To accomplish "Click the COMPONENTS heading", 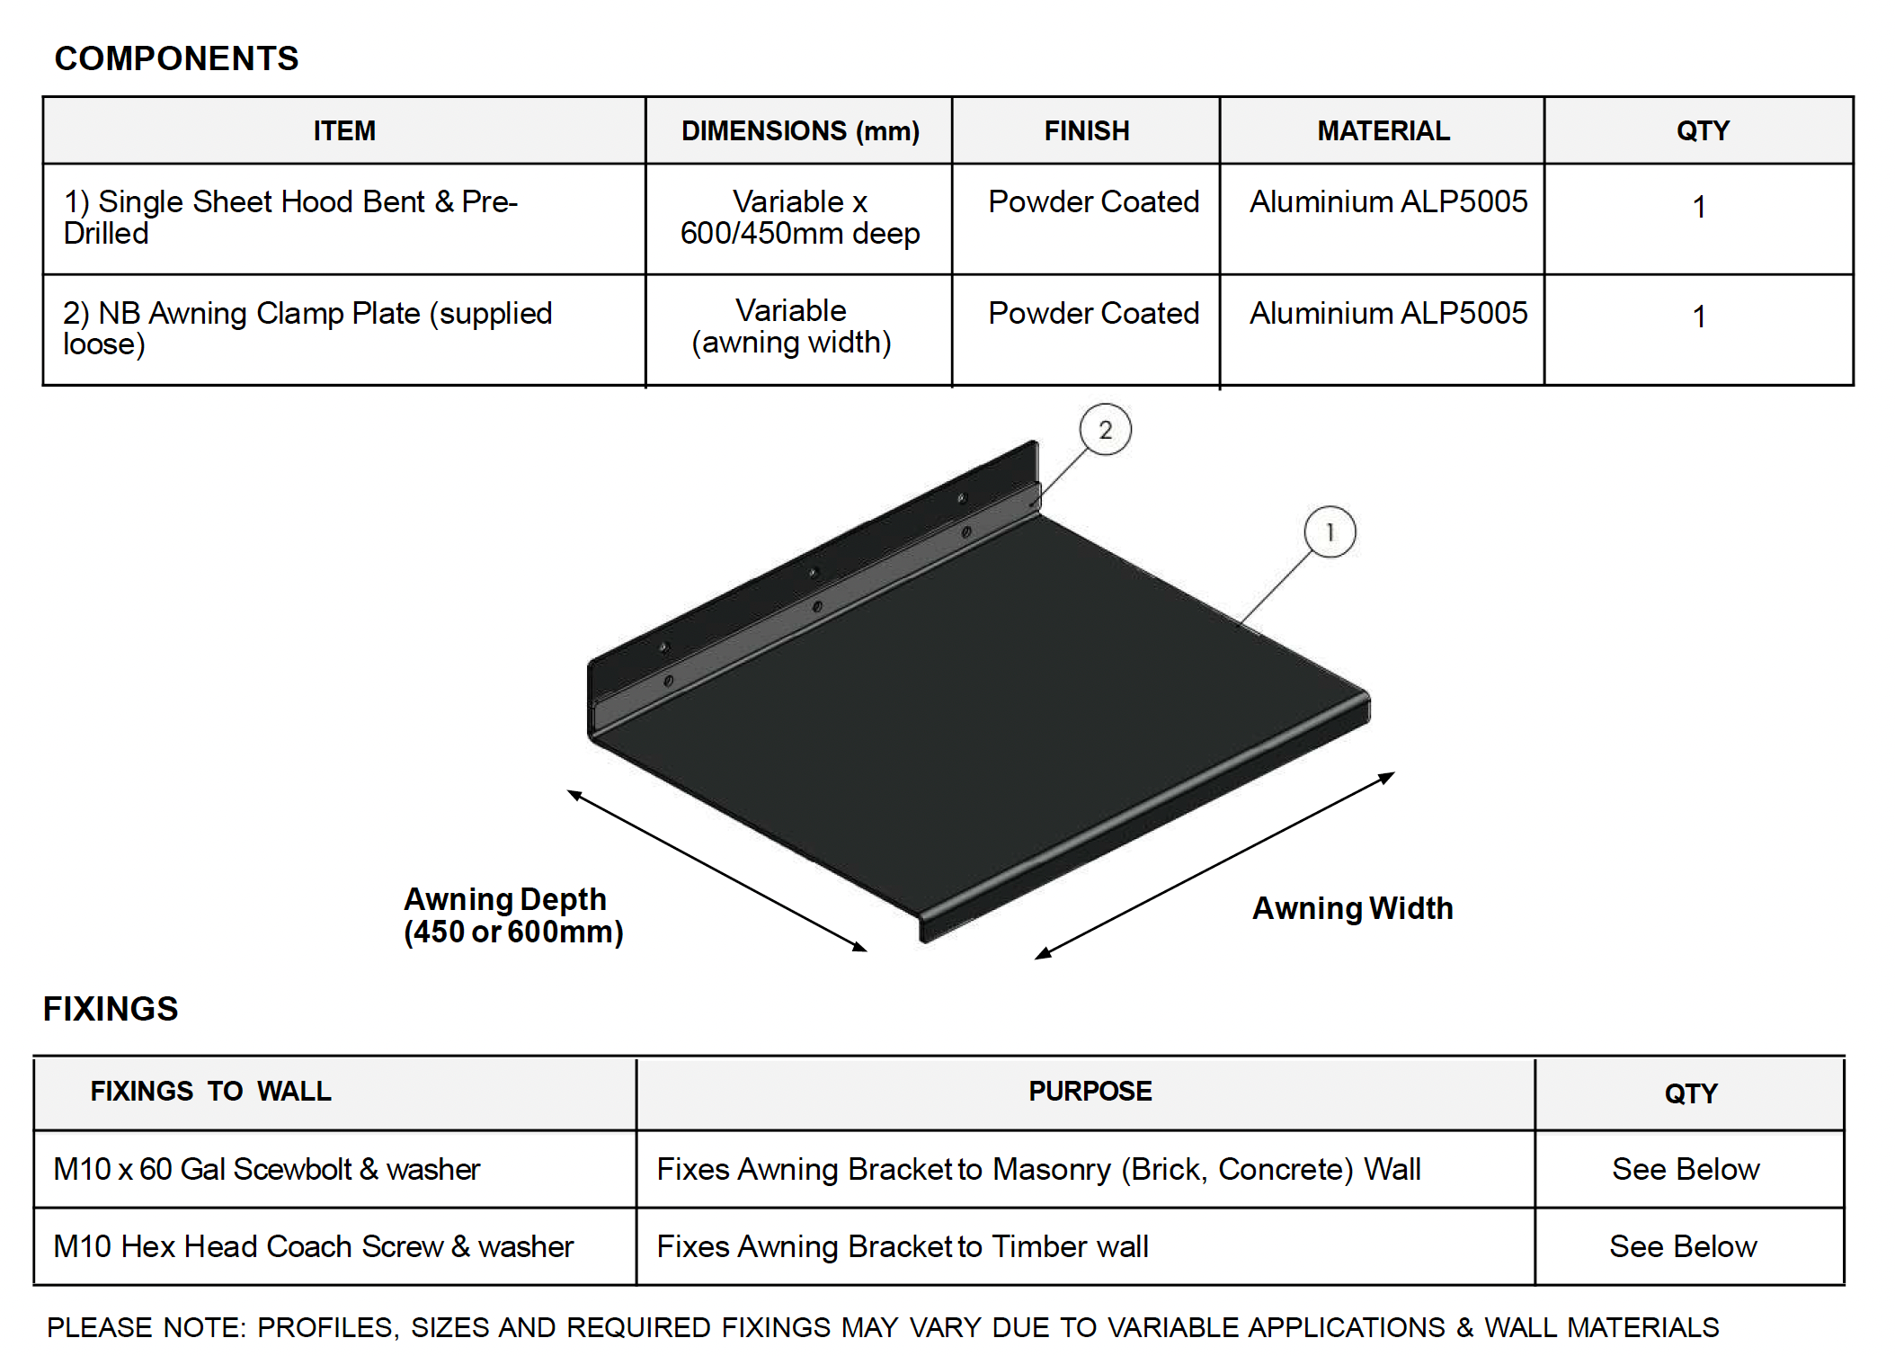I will pyautogui.click(x=176, y=59).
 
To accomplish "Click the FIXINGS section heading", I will pyautogui.click(x=111, y=1009).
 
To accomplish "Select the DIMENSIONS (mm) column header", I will pyautogui.click(x=799, y=131).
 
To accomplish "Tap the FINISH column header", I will pyautogui.click(x=1086, y=131).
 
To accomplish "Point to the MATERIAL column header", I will pyautogui.click(x=1383, y=131).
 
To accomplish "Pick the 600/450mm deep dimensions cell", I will pyautogui.click(x=799, y=218).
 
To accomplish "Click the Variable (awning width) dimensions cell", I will pyautogui.click(x=791, y=326).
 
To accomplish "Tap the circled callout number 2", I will pyautogui.click(x=1105, y=430).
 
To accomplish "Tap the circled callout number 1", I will pyautogui.click(x=1330, y=532).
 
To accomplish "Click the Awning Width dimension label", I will pyautogui.click(x=1352, y=908).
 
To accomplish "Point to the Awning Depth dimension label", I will pyautogui.click(x=512, y=915).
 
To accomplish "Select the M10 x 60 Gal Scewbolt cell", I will pyautogui.click(x=266, y=1169).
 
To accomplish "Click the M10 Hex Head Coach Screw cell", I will pyautogui.click(x=313, y=1246).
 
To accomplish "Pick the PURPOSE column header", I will pyautogui.click(x=1090, y=1092).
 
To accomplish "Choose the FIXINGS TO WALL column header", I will pyautogui.click(x=210, y=1092).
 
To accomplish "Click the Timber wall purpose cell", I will pyautogui.click(x=903, y=1246).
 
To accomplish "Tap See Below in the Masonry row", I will pyautogui.click(x=1685, y=1169).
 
